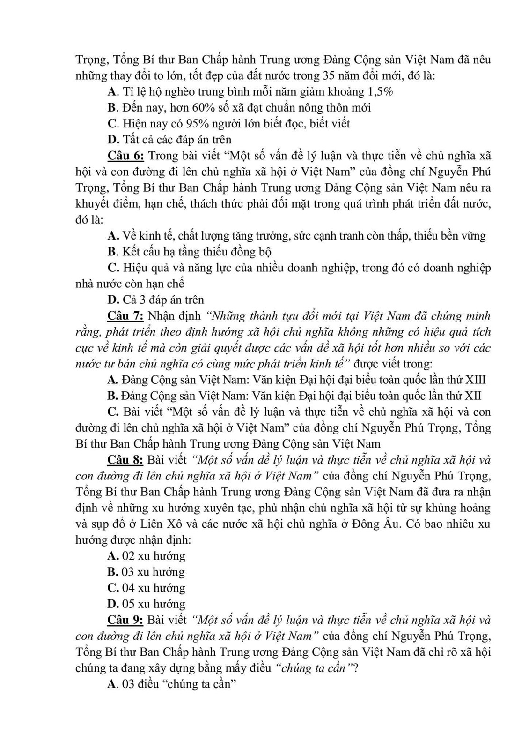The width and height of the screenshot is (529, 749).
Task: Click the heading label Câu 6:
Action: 125,156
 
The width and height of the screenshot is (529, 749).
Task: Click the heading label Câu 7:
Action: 125,316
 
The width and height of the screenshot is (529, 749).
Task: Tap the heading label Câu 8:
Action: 125,460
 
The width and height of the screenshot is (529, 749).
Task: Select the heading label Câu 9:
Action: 125,620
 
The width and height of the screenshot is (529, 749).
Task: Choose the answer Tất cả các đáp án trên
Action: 176,140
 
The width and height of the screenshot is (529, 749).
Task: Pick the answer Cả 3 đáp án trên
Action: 162,300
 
